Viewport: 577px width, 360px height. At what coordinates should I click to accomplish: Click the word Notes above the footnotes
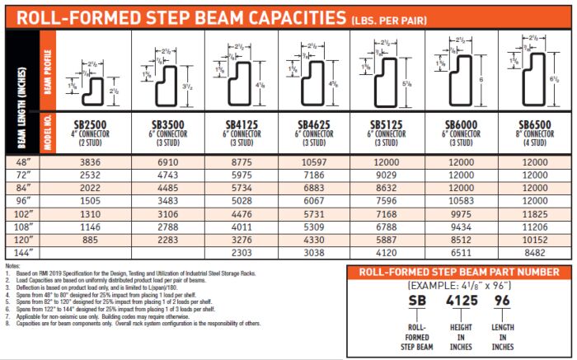(12, 266)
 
